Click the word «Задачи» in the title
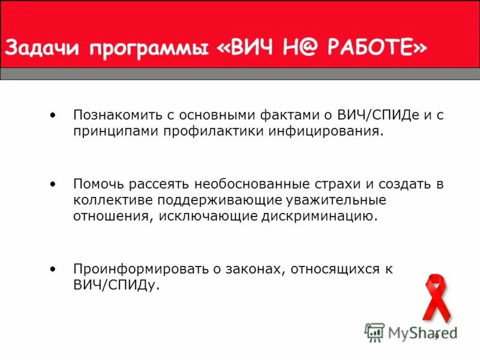pos(43,47)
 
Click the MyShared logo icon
pos(374,332)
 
